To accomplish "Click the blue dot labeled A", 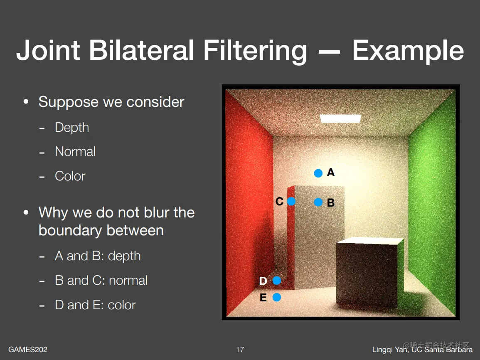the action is (318, 173).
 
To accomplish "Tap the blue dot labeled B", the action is (318, 202).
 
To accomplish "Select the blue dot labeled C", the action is (291, 201).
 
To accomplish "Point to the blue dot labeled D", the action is (277, 281).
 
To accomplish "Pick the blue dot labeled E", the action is (277, 297).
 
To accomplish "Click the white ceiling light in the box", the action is (340, 118).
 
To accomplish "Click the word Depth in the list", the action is (72, 128).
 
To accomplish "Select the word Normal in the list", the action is (75, 152).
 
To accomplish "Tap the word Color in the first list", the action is (70, 176).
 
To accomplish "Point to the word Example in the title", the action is (408, 51).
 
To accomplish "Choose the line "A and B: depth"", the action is (98, 256).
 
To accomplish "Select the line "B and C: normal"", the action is (101, 281).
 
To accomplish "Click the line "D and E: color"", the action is (95, 305).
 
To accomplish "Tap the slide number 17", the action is (240, 349).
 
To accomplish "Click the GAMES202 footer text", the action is (28, 349).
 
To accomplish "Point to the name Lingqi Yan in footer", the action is (390, 350).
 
